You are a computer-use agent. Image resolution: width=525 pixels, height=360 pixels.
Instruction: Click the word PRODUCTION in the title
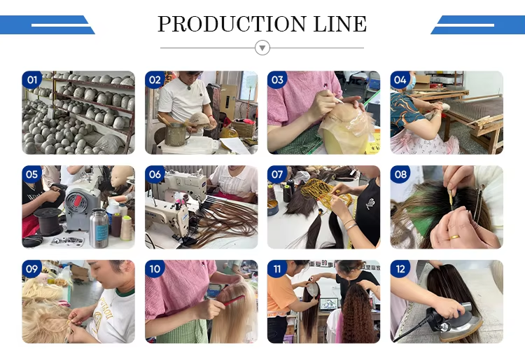coord(232,24)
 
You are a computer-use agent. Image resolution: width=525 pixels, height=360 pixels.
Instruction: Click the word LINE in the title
coord(339,24)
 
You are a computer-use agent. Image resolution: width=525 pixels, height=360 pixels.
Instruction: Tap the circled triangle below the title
coord(262,48)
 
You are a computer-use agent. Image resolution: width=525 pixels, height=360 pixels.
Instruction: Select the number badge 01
coord(31,80)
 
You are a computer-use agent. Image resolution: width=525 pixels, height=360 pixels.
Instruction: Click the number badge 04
coord(400,80)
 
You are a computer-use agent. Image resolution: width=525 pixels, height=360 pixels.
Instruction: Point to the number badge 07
coord(277,174)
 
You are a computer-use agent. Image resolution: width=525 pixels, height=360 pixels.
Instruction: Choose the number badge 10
coord(155,269)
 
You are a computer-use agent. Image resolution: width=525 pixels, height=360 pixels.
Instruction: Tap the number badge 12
coord(400,269)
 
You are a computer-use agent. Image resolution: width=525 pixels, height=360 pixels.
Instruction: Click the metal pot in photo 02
coord(176,134)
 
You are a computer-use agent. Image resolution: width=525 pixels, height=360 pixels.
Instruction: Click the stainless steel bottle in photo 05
coord(99,228)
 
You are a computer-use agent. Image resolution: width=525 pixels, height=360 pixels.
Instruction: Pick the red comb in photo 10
coord(234,300)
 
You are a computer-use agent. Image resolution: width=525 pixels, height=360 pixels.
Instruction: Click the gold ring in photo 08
coord(454,237)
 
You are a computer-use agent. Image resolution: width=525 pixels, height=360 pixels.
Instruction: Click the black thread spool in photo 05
coord(49,221)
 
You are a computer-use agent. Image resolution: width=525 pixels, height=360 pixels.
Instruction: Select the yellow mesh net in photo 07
coord(326,193)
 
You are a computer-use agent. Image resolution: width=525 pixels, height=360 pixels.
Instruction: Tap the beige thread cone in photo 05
coord(126,228)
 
